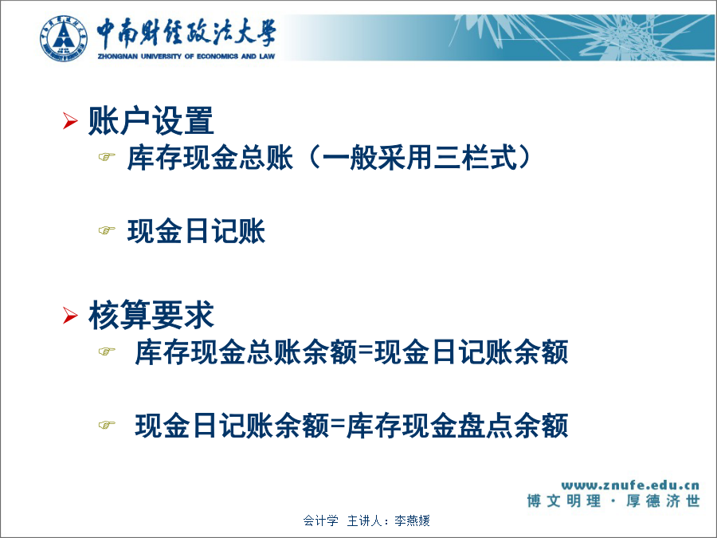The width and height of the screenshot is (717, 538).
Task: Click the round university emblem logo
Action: [x=64, y=38]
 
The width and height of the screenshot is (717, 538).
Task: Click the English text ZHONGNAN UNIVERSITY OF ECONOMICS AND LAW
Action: [x=186, y=57]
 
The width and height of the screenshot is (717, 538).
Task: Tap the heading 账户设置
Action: [x=151, y=121]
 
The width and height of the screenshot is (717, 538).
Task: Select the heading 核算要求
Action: [x=151, y=315]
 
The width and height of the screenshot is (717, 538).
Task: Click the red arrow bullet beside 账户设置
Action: [x=70, y=120]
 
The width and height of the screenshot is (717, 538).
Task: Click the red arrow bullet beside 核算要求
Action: [x=70, y=315]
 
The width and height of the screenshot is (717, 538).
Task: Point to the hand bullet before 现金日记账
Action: [x=107, y=230]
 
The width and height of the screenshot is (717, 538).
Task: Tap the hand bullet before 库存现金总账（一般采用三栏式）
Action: [x=107, y=157]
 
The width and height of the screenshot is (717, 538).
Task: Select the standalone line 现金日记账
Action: [x=196, y=230]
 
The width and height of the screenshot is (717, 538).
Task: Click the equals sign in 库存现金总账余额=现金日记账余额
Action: [x=366, y=351]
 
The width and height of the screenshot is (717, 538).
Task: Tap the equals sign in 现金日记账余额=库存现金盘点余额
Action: [x=338, y=425]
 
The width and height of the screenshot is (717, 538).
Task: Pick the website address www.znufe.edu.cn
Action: [x=630, y=485]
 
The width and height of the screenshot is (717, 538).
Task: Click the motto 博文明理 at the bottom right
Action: [x=564, y=501]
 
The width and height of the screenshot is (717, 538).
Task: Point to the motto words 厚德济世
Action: [x=663, y=501]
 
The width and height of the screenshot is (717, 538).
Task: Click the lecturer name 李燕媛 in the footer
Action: [x=412, y=520]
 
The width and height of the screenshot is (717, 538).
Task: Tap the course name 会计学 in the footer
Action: [x=321, y=520]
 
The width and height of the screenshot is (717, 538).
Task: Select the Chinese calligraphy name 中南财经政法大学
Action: [x=186, y=33]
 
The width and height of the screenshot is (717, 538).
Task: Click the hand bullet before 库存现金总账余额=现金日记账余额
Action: [x=107, y=351]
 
